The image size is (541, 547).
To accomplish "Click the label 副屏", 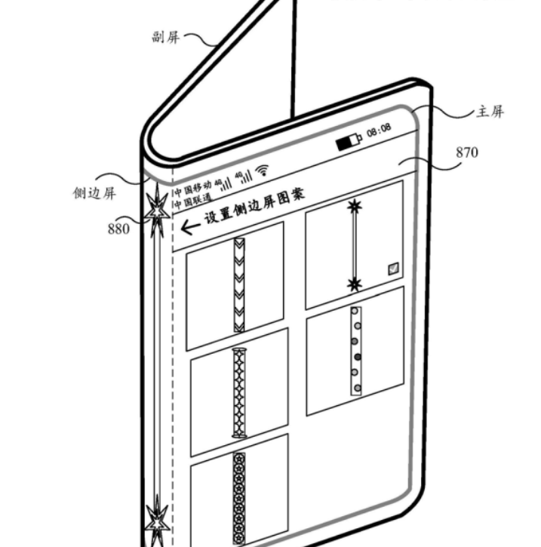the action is [x=166, y=37].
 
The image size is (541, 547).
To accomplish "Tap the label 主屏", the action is [x=490, y=112].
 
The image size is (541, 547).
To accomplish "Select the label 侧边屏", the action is [x=94, y=193].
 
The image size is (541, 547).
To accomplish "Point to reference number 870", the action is [x=467, y=152].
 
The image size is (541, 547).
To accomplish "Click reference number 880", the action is [x=118, y=229].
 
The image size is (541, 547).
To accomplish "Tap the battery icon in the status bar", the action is [x=349, y=141].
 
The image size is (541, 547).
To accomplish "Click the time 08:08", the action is [x=379, y=130].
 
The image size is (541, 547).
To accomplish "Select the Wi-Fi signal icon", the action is [x=262, y=170].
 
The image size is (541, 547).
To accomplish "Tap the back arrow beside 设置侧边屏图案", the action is [x=190, y=227].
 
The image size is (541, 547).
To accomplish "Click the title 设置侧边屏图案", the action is [x=254, y=207].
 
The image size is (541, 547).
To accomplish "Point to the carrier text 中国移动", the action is [x=193, y=189].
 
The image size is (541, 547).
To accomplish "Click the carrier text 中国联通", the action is [x=193, y=201].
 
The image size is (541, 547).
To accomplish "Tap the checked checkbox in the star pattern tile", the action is [x=393, y=269].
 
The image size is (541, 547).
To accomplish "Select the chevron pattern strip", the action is [x=239, y=285].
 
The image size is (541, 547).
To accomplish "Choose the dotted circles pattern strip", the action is [x=356, y=351].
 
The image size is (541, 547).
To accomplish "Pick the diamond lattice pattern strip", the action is [x=239, y=393].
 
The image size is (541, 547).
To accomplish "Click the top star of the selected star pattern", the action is [x=355, y=207].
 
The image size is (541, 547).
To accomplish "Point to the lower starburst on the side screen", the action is [x=158, y=521].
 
